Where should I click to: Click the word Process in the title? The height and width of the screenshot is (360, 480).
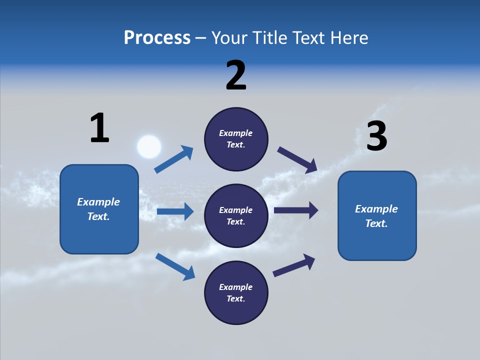(157, 38)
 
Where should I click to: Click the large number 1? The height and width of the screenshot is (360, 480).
(99, 128)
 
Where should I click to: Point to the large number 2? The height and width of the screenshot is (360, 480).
(236, 75)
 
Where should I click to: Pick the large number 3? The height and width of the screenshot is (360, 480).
(376, 136)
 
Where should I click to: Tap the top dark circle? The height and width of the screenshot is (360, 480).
(236, 139)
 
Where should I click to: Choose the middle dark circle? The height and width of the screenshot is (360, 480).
(236, 216)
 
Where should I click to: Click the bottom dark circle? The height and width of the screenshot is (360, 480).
(236, 293)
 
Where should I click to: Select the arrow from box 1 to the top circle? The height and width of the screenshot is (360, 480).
(174, 159)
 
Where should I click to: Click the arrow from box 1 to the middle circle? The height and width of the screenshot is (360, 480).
(175, 211)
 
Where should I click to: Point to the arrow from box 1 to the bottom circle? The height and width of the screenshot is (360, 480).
(175, 266)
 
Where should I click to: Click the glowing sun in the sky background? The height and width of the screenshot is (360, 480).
(149, 147)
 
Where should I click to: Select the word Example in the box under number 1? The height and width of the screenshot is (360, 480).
(98, 202)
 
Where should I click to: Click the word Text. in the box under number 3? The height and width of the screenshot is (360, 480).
(376, 223)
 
